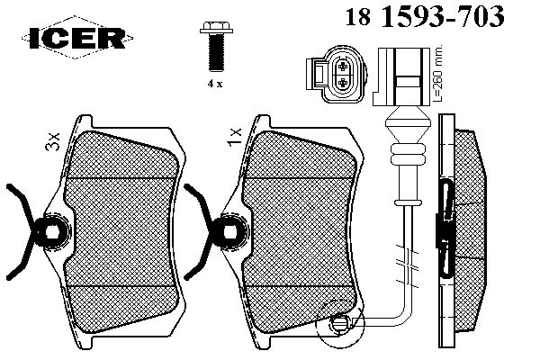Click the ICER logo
click(77, 37)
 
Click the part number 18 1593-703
click(425, 16)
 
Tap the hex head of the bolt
click(216, 27)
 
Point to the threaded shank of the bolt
click(216, 53)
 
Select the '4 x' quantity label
click(215, 84)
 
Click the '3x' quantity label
click(53, 141)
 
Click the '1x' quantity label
click(235, 137)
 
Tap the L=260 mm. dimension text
click(437, 74)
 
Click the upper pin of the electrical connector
click(343, 66)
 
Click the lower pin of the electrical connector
click(343, 82)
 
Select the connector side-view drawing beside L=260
click(401, 76)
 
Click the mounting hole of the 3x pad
click(53, 231)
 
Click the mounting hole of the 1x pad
click(231, 231)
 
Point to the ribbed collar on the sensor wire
click(408, 154)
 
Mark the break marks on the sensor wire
click(408, 266)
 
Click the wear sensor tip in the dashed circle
click(339, 323)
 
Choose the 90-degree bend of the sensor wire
click(405, 316)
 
